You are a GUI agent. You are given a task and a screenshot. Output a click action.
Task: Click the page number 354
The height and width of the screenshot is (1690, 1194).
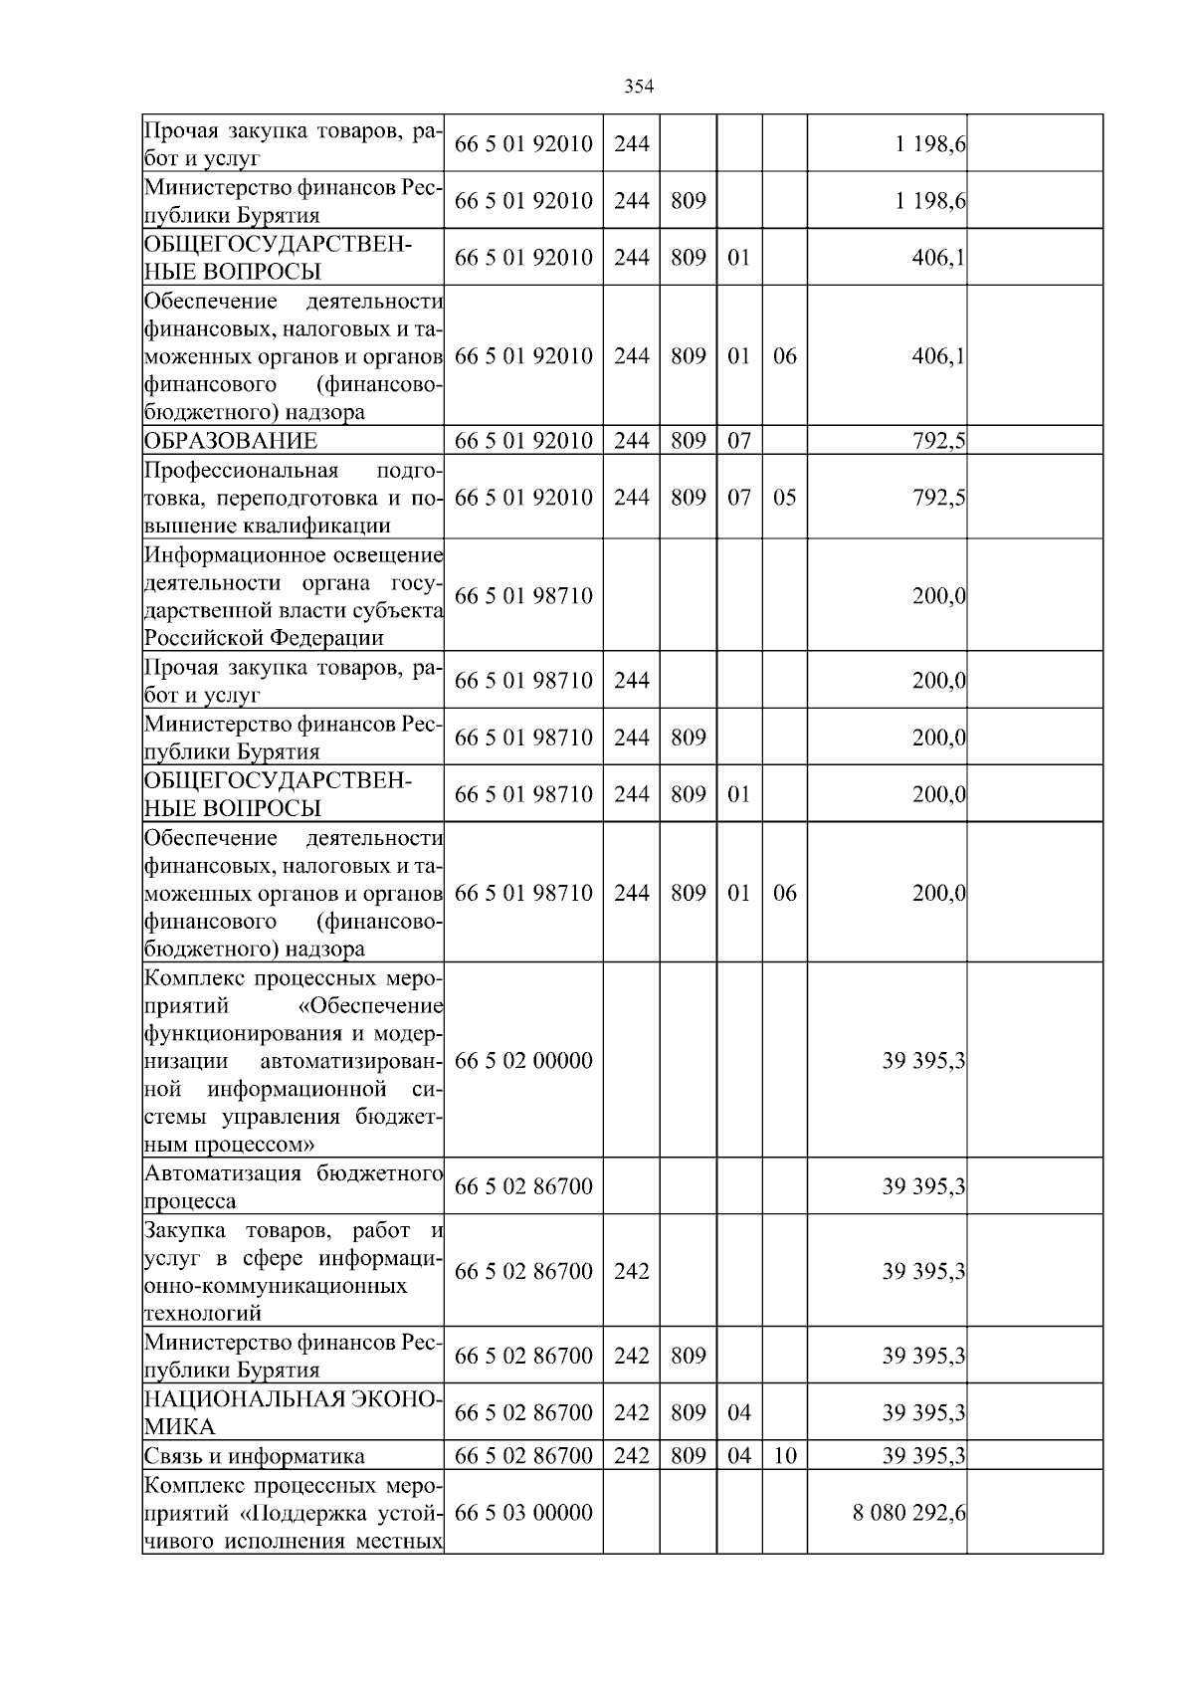[x=638, y=87]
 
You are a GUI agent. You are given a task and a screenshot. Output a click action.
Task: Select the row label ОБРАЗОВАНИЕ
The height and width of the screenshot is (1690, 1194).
[x=231, y=441]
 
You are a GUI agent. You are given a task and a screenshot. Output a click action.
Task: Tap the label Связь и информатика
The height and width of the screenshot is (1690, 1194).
[x=255, y=1456]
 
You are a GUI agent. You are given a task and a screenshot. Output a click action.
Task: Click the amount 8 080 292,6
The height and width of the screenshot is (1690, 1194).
[x=909, y=1513]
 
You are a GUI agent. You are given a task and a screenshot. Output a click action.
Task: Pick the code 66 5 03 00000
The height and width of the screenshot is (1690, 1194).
[x=523, y=1513]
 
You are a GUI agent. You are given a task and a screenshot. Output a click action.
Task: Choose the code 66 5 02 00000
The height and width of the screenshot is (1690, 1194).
[x=523, y=1061]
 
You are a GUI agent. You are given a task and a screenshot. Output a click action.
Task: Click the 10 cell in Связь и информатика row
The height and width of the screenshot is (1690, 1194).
[x=785, y=1456]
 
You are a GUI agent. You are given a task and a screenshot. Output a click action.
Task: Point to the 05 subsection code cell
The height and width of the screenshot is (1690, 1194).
[x=785, y=498]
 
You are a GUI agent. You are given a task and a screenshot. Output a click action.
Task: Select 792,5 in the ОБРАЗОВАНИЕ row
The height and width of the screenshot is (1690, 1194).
[x=939, y=441]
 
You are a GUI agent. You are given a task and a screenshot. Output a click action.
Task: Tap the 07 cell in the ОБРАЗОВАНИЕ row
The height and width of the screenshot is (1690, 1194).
[x=738, y=441]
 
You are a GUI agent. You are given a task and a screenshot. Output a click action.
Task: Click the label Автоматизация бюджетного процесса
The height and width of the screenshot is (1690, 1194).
[x=294, y=1186]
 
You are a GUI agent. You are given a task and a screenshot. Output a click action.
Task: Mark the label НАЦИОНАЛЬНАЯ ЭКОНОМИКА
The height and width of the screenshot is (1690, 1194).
[x=294, y=1412]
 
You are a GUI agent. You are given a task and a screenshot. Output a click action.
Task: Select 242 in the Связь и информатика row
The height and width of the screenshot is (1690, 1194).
[x=631, y=1456]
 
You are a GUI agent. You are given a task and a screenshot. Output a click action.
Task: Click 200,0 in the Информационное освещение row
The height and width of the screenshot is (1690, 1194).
[x=939, y=596]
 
